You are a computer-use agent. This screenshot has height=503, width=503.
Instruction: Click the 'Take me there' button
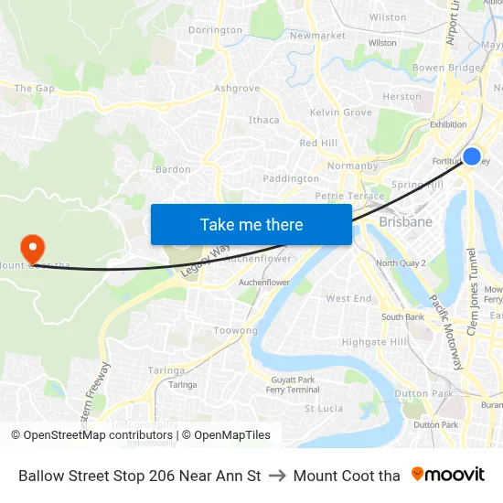click(x=251, y=225)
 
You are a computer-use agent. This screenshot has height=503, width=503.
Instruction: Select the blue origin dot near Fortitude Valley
click(x=472, y=156)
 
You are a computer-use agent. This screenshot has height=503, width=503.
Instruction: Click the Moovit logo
click(x=447, y=475)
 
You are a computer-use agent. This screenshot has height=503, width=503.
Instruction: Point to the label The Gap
click(x=35, y=89)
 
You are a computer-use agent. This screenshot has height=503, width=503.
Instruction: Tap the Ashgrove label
click(x=236, y=89)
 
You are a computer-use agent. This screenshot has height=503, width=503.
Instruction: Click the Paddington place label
click(x=291, y=178)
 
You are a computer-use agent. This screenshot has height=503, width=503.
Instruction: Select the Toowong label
click(x=235, y=330)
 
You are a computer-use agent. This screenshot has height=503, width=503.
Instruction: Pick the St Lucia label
click(x=323, y=409)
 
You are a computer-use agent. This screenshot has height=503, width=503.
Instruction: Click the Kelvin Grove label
click(x=341, y=112)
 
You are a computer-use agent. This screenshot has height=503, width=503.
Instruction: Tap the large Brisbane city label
click(x=405, y=222)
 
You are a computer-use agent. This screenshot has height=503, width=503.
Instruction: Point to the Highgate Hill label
click(x=375, y=342)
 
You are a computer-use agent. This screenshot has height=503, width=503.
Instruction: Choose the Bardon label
click(x=173, y=169)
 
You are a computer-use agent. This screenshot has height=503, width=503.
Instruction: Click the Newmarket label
click(x=317, y=36)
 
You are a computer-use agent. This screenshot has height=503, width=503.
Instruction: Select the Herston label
click(x=402, y=96)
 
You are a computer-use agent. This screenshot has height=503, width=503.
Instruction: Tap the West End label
click(x=348, y=299)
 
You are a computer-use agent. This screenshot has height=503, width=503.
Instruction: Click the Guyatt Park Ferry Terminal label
click(x=293, y=384)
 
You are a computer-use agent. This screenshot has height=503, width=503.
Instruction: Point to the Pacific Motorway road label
click(x=444, y=331)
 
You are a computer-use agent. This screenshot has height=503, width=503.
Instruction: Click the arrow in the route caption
click(x=277, y=476)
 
